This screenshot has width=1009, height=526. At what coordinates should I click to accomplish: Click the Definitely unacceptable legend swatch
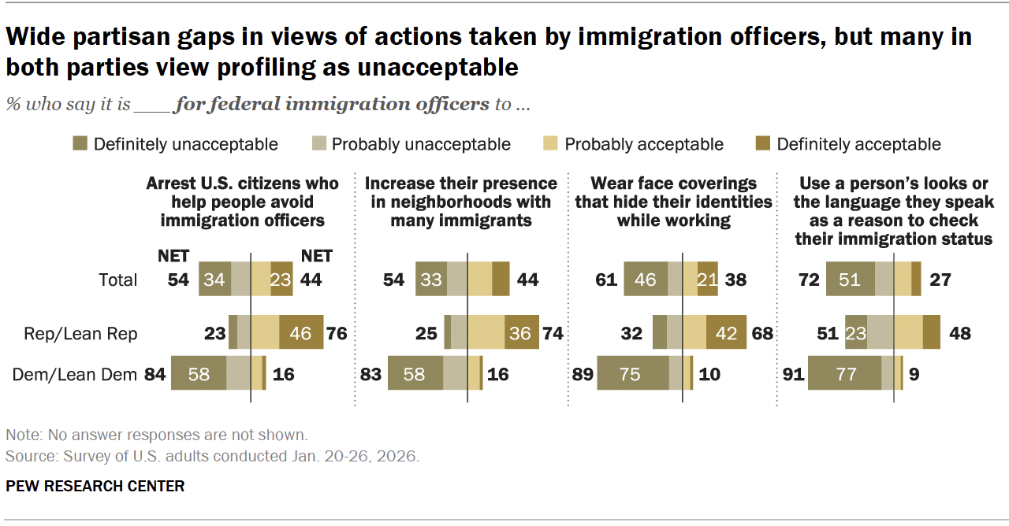coord(80,144)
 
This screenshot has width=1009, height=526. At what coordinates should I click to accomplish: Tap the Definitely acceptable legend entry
coord(858,144)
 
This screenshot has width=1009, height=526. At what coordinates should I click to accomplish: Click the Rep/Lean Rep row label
coord(81,334)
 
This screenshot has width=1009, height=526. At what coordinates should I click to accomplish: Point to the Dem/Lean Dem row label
coord(75,373)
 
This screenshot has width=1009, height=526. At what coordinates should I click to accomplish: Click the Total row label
coord(118,280)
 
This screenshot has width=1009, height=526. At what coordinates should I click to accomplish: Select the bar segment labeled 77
coord(845,373)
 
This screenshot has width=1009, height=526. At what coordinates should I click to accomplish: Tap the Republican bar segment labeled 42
coord(726,334)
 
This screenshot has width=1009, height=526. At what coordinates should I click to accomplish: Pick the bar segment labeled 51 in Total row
coord(850,280)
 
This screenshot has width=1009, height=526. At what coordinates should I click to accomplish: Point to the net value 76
coord(337,334)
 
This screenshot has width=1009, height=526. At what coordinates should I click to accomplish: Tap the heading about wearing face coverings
coord(673,202)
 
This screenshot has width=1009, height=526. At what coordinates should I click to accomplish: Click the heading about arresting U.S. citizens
coord(242,202)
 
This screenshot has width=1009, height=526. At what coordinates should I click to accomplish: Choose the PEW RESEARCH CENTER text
coord(95,486)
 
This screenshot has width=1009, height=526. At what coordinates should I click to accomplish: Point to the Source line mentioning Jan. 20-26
coord(212,456)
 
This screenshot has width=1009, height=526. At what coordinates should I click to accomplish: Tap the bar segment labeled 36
coord(519,334)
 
